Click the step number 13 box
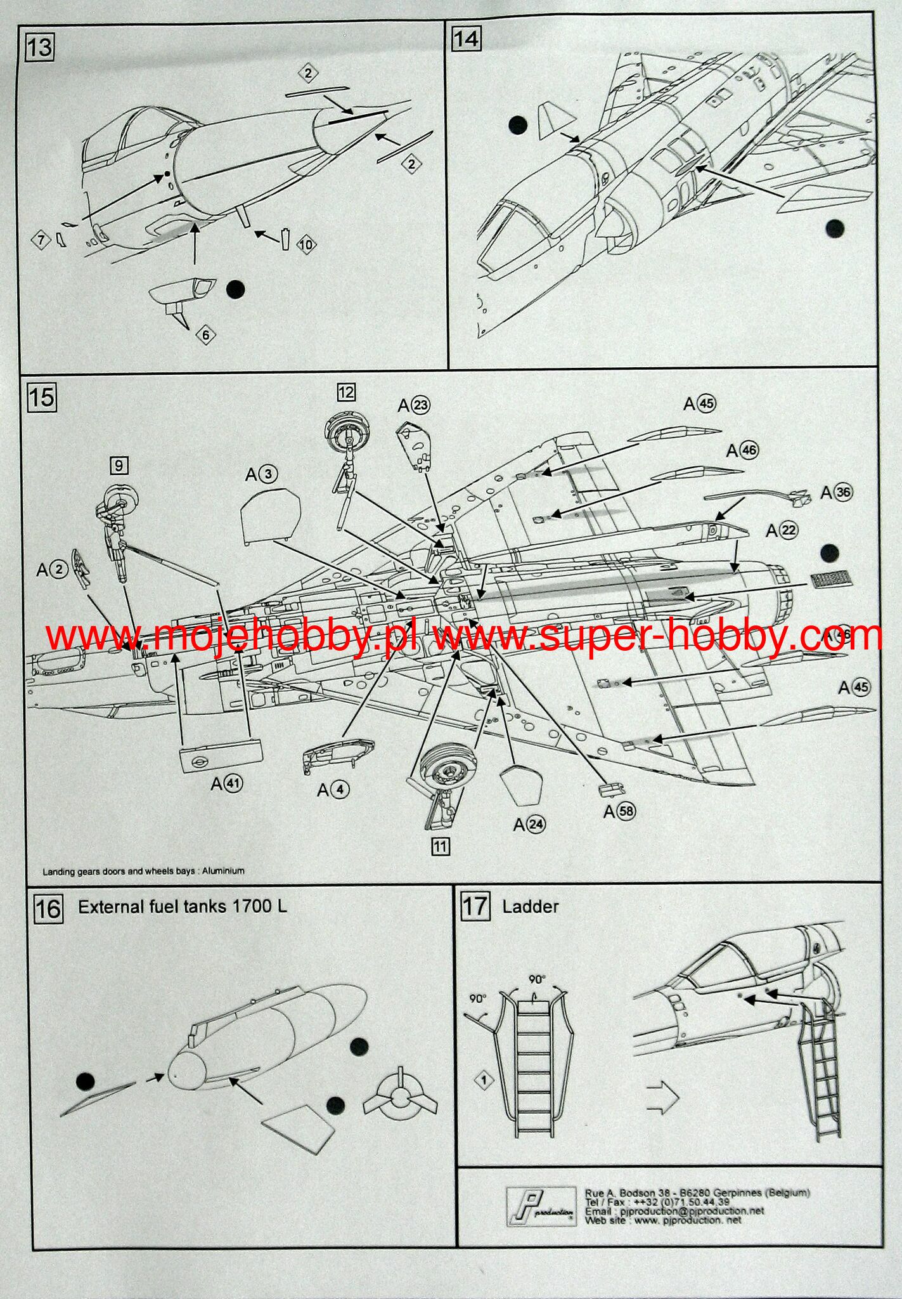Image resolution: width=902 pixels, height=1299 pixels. (40, 48)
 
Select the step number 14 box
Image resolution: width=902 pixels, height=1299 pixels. (466, 39)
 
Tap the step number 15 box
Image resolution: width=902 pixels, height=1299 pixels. (41, 398)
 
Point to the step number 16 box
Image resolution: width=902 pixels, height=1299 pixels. (48, 909)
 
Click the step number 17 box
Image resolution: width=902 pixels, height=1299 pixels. (475, 906)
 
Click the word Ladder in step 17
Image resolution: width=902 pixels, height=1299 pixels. (530, 906)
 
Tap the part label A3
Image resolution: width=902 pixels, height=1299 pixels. (261, 474)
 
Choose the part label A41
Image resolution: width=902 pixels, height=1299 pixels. (226, 784)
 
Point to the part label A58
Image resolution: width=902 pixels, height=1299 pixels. (619, 811)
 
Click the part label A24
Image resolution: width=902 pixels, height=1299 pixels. (529, 825)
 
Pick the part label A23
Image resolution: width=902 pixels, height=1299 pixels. (413, 405)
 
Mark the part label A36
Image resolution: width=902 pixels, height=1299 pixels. (836, 493)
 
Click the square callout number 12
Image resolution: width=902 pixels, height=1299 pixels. (346, 392)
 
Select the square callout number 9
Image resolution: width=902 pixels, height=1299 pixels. (119, 466)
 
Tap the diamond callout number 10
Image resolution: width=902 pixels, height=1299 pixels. (306, 245)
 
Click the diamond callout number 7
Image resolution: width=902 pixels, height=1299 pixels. (42, 240)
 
